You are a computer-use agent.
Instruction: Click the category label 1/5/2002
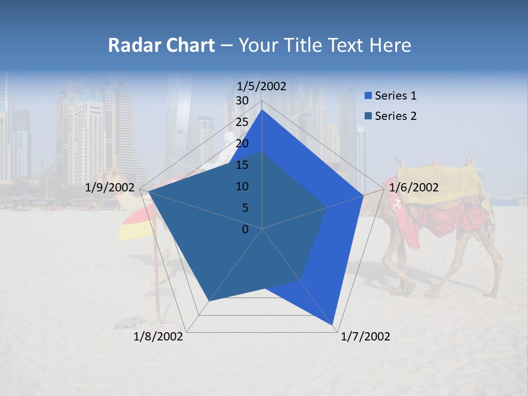261,86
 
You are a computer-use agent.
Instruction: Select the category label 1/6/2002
414,188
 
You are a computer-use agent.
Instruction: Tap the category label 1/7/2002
365,337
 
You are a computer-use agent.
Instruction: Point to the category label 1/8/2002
158,337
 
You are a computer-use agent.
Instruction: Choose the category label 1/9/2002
110,188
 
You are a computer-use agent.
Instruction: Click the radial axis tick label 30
242,101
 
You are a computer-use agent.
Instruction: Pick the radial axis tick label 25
242,122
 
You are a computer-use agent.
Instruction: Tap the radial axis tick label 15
242,165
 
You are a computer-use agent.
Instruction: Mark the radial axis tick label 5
245,208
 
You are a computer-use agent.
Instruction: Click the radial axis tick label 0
245,229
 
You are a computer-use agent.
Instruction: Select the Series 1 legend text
395,96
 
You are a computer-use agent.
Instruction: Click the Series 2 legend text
395,116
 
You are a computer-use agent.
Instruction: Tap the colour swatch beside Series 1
368,96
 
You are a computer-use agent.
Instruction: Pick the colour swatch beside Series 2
368,116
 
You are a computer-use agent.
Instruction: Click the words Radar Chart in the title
161,46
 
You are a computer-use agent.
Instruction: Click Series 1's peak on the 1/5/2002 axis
262,110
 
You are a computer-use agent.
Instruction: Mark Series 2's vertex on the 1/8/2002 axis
209,301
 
